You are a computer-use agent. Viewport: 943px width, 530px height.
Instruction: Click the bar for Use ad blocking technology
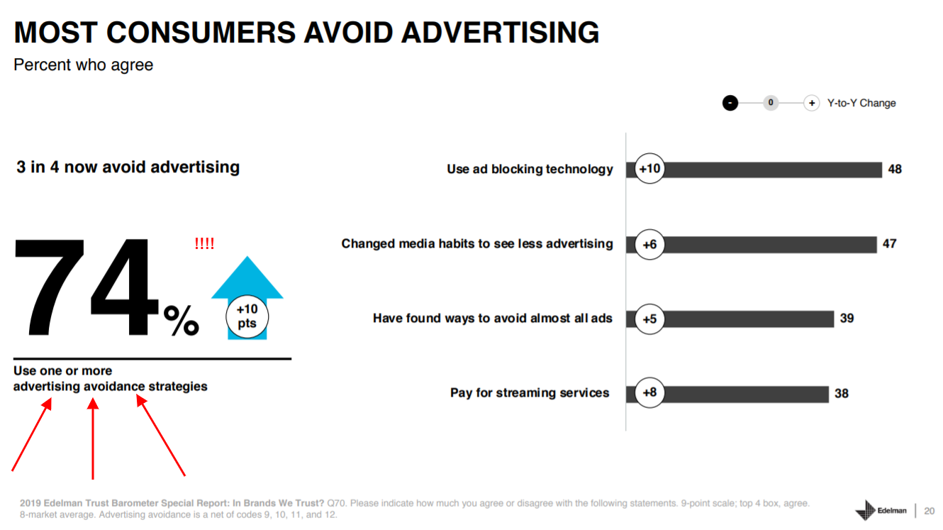click(754, 170)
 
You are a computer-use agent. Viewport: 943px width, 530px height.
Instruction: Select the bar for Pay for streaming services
click(727, 394)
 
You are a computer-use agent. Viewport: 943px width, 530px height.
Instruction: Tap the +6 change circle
click(649, 244)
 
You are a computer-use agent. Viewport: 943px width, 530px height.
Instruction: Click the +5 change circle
click(649, 319)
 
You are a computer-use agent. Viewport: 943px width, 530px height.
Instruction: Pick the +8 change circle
click(649, 392)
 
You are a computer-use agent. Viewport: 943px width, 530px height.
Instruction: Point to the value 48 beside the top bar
click(895, 170)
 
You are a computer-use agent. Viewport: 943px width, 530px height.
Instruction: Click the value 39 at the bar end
click(847, 319)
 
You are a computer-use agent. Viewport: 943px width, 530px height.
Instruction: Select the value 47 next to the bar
click(890, 244)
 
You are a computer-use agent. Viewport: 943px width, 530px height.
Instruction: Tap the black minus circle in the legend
click(730, 103)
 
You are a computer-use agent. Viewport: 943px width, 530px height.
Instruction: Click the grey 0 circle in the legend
click(771, 103)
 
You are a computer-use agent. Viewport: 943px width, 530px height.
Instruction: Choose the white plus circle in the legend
click(811, 103)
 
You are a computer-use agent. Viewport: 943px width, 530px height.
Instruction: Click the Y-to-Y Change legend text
click(861, 103)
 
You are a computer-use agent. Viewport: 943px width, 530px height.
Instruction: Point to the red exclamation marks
click(204, 243)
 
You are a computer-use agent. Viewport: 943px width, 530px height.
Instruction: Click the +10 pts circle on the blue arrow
click(247, 316)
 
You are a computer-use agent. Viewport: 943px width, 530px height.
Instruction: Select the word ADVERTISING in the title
click(500, 33)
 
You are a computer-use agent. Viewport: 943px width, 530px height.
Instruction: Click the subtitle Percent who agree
click(84, 65)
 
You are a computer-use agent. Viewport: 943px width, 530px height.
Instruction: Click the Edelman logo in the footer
click(881, 510)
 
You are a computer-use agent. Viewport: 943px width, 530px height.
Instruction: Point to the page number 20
click(929, 511)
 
